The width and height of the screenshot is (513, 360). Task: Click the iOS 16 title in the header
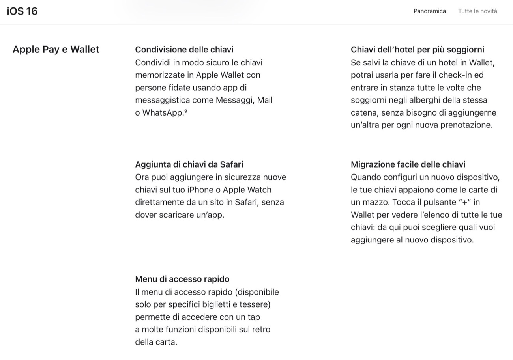(x=22, y=11)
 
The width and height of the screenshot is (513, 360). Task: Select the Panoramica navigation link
(x=429, y=11)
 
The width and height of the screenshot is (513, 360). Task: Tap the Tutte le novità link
(x=477, y=11)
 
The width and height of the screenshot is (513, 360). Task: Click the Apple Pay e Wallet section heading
(x=56, y=49)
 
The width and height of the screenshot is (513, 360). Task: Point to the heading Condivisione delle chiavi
(x=184, y=50)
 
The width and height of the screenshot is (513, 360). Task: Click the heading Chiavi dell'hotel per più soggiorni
(x=417, y=50)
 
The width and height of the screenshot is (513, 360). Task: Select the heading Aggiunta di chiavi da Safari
(x=189, y=164)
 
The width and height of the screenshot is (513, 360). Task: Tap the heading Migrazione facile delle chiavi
(x=408, y=164)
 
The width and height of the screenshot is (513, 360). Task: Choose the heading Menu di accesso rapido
(x=182, y=279)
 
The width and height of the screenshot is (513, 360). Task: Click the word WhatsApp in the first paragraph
(x=163, y=112)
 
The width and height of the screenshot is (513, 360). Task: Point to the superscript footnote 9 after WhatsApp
(x=185, y=111)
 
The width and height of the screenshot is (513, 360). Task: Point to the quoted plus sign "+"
(x=465, y=202)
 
